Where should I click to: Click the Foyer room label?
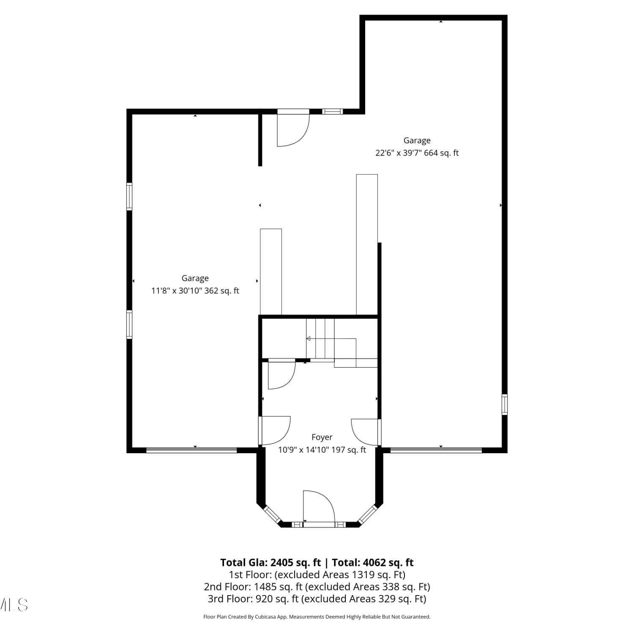(322, 437)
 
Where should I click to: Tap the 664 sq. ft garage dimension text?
(417, 153)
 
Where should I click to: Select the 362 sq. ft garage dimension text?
(195, 291)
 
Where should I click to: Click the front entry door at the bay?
(319, 507)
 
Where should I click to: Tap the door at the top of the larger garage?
(293, 128)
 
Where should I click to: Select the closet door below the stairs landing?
(281, 374)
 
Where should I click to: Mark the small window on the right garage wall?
(504, 404)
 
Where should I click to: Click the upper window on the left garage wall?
(129, 196)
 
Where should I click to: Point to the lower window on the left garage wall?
(129, 325)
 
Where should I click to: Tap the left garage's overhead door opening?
(191, 450)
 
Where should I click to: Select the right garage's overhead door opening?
(436, 450)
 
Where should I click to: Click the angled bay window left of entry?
(272, 514)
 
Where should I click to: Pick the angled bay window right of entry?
(367, 514)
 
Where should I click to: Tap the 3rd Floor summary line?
(317, 599)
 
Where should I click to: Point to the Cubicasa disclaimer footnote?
(317, 617)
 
